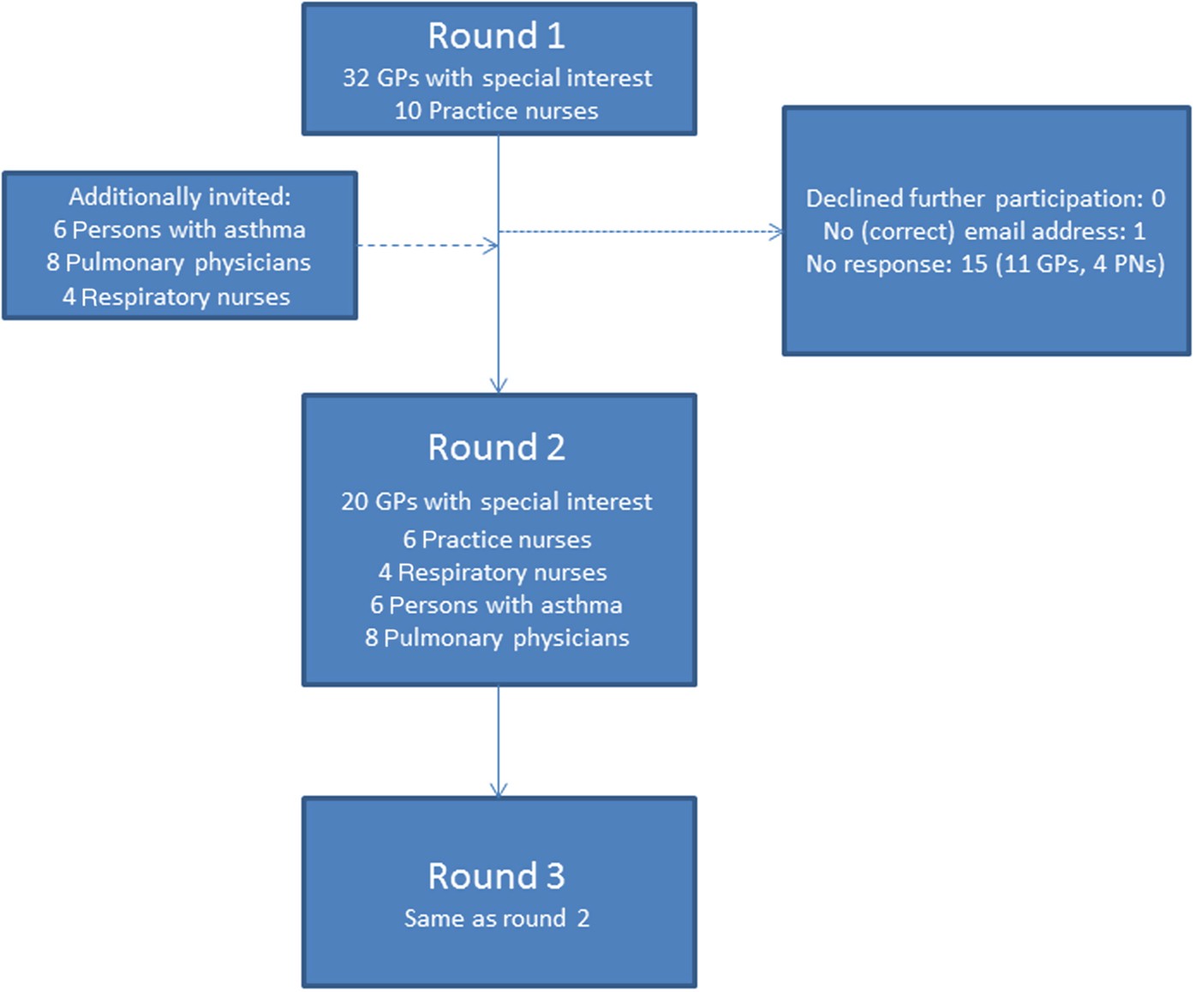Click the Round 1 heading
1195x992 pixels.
pos(497,36)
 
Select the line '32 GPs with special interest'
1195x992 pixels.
pos(497,78)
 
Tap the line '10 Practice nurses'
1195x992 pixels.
pos(497,111)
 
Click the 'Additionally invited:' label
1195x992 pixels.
pos(180,197)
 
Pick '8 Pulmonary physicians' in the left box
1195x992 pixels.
pos(179,262)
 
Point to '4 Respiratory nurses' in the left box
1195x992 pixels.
pos(176,296)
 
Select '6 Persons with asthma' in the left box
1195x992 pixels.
pos(179,230)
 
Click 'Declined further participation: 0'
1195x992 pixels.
pos(985,199)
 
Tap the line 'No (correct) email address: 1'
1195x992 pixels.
pos(984,231)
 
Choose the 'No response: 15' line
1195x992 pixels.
pos(985,264)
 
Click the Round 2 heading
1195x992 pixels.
pos(497,447)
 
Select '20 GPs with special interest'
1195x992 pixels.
pos(497,501)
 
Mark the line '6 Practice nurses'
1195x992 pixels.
pos(497,540)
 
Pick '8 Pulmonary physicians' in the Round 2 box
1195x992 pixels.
pos(497,638)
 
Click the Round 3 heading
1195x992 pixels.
pos(497,875)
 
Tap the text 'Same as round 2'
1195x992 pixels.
pos(497,918)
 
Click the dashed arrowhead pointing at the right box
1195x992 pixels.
pos(777,231)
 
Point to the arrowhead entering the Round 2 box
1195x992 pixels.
pos(499,385)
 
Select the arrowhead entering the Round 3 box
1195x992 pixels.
pos(499,789)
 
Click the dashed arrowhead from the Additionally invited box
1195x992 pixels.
pos(491,246)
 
